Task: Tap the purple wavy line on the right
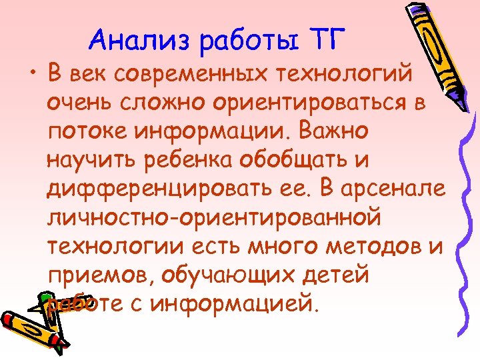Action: click(x=459, y=220)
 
